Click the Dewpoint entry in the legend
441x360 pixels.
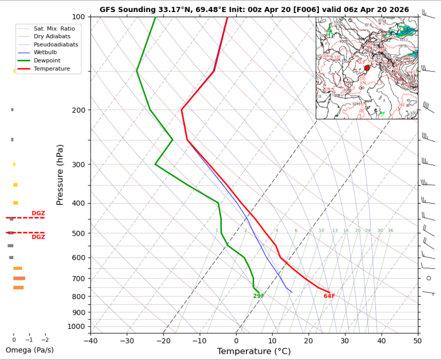point(45,60)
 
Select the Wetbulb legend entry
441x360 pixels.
point(45,52)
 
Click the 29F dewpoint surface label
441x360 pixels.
point(258,296)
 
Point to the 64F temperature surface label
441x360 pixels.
point(329,296)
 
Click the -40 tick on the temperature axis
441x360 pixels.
point(91,340)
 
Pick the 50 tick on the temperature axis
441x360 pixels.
point(417,340)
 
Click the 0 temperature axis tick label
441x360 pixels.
point(236,340)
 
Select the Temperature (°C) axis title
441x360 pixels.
point(254,351)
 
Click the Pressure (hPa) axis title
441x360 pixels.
point(60,174)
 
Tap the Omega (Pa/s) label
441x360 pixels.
point(29,350)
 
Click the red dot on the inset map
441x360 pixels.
point(367,68)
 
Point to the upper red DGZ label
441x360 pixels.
point(38,214)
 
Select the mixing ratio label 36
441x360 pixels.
point(390,231)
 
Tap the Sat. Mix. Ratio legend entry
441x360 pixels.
point(54,29)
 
